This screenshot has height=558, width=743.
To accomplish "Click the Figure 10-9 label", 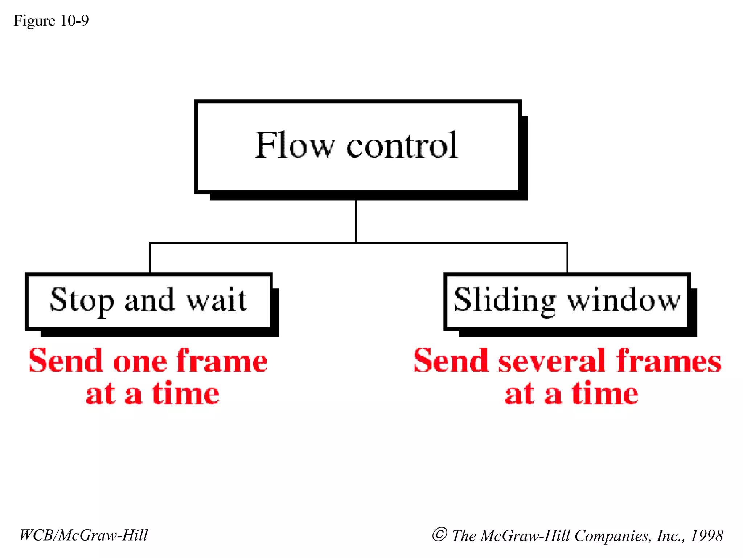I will click(51, 21).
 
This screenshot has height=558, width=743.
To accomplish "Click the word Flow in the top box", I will click(294, 145).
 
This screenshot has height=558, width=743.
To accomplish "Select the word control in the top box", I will click(402, 145).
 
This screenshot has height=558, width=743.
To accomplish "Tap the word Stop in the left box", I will click(82, 301).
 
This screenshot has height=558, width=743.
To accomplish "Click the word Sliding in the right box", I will click(504, 301).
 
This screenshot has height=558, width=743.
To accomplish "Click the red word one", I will click(140, 362).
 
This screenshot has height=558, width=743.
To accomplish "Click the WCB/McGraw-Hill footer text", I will click(84, 535).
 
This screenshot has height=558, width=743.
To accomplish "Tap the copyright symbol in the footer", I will click(439, 535).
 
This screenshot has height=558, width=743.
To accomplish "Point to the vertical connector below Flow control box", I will click(356, 221).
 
